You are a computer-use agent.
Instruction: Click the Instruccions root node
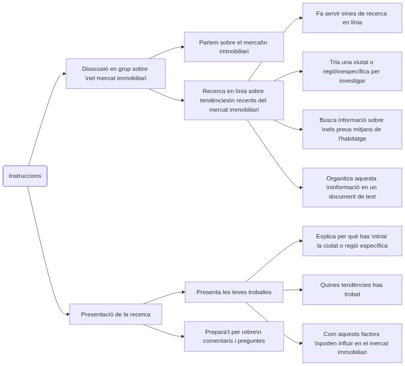(x=25, y=176)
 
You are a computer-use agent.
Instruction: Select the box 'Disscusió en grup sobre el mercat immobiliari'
(x=115, y=73)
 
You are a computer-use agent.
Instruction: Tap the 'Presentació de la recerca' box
(x=116, y=314)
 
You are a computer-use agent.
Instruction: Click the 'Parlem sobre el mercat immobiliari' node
(x=233, y=47)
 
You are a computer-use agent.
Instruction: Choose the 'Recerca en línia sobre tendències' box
(x=233, y=100)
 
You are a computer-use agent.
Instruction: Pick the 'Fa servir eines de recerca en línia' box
(x=352, y=18)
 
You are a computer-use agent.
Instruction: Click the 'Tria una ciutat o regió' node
(x=352, y=71)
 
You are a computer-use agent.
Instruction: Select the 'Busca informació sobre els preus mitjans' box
(x=352, y=129)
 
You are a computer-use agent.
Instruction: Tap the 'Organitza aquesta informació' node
(x=352, y=187)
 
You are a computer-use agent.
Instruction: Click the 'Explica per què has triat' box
(x=352, y=241)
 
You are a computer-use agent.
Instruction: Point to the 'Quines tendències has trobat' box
(x=352, y=289)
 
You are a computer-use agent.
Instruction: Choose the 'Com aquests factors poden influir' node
(x=352, y=343)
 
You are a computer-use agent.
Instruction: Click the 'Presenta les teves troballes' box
(x=233, y=292)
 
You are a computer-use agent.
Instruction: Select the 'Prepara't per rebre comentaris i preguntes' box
(x=233, y=336)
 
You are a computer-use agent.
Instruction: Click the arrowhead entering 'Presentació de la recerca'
(x=67, y=314)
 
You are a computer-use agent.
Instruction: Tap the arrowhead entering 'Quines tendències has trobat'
(x=300, y=289)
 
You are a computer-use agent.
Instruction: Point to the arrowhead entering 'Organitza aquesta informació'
(x=300, y=187)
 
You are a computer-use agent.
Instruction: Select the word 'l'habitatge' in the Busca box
(x=352, y=139)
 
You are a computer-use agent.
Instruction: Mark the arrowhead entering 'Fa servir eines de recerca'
(x=300, y=18)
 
